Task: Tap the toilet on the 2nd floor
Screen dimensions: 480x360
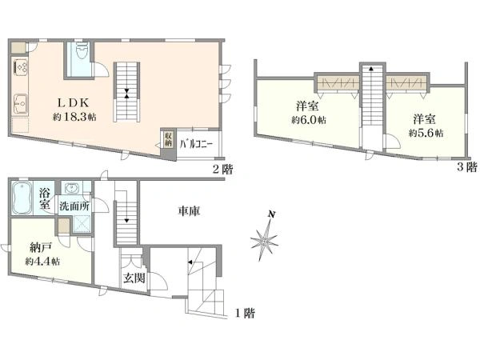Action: coord(82,51)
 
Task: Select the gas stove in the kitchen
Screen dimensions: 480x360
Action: coord(21,67)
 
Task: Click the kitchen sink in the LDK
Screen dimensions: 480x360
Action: coord(21,104)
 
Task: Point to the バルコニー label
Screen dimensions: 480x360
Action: coord(196,144)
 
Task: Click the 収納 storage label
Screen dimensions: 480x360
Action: coord(168,139)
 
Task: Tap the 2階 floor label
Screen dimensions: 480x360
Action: coord(222,169)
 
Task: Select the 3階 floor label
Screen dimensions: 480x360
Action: coord(467,167)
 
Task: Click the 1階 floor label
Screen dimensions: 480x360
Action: coord(245,313)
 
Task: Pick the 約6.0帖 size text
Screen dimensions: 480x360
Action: coord(309,120)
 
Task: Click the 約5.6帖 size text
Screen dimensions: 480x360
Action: coord(426,133)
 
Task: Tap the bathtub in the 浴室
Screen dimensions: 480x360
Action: coord(22,198)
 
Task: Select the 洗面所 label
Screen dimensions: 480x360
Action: coord(74,206)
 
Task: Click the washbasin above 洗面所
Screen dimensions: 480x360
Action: coord(72,188)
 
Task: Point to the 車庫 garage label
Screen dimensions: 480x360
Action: coord(189,211)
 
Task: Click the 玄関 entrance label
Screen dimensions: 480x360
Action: coord(134,278)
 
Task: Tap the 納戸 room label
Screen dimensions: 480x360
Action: coord(41,247)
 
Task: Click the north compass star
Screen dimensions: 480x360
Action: coord(264,242)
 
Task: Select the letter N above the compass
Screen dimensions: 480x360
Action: coord(271,214)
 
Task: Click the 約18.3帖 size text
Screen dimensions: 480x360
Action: coord(74,117)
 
